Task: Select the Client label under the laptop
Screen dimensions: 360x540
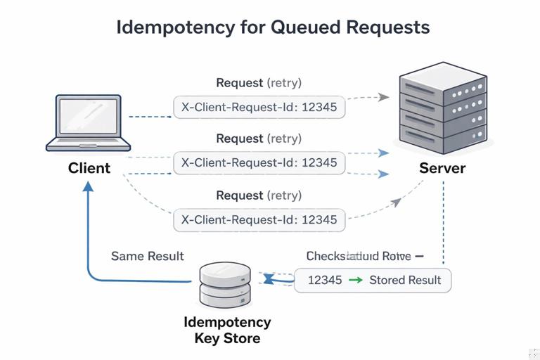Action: coord(89,168)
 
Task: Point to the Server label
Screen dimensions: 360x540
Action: coord(442,168)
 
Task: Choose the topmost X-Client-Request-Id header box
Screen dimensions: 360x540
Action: coord(259,107)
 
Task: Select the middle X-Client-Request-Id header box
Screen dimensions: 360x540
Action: coord(259,162)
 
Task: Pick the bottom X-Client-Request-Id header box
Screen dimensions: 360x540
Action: coord(259,219)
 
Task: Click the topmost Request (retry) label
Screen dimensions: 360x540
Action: coord(259,83)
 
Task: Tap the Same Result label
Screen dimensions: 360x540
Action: coord(148,256)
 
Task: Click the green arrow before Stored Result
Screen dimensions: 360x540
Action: coord(356,280)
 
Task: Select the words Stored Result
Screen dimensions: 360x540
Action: coord(405,280)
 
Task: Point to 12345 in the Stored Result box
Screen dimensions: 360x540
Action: coord(325,280)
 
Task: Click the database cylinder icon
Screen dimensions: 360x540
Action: coord(224,285)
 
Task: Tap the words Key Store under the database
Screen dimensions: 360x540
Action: coord(227,338)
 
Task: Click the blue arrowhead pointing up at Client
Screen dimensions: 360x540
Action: coord(89,186)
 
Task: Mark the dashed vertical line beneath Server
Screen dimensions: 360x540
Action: coord(443,218)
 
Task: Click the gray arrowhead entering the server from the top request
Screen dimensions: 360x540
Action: coord(383,97)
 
